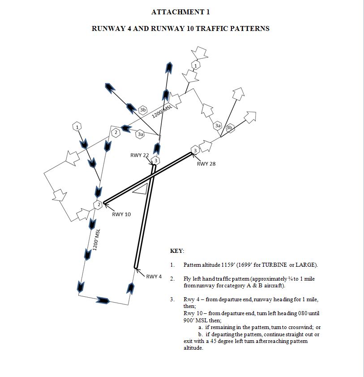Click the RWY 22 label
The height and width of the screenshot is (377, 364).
139,155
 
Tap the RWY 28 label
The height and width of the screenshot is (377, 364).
206,164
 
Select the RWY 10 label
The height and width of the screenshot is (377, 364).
121,214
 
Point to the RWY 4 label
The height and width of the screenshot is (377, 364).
154,276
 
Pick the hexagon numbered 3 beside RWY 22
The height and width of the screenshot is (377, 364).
156,160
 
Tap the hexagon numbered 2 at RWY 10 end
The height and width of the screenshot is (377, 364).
98,205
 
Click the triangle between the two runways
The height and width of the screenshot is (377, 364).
140,189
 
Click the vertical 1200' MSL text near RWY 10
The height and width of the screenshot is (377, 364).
94,240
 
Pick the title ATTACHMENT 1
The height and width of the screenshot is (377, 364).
180,12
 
